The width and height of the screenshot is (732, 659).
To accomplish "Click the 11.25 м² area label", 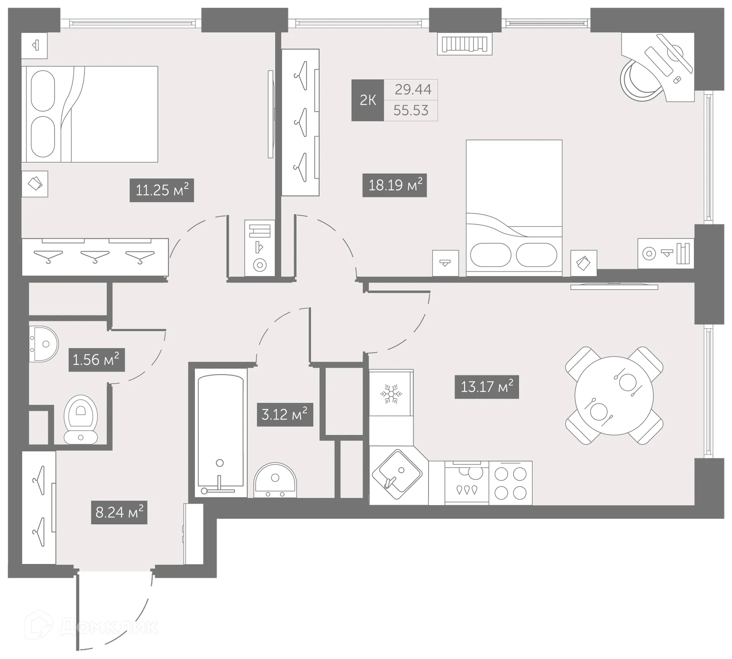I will click(162, 190).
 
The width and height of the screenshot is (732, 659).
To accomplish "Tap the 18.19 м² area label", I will click(395, 185).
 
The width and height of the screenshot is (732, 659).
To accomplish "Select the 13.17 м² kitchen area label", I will click(486, 387).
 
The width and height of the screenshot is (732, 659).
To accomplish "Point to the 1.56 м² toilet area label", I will click(96, 360).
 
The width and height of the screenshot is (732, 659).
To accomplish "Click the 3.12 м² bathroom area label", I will click(284, 414).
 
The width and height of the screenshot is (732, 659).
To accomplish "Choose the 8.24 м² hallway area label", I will click(119, 512).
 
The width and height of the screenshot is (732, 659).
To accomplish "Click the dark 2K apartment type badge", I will click(368, 100).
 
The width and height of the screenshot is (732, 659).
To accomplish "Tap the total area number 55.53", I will click(411, 111).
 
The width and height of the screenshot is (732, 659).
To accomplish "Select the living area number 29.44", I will click(413, 90).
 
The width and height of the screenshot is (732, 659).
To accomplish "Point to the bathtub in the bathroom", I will click(220, 435).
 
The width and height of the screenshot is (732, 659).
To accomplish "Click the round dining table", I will click(614, 395).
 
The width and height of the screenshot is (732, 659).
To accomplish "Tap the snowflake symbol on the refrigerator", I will click(391, 394).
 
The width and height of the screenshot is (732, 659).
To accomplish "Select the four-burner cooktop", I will click(510, 483).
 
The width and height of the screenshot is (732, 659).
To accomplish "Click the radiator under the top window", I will click(464, 44).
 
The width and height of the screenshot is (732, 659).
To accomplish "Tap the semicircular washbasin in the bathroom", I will click(275, 480).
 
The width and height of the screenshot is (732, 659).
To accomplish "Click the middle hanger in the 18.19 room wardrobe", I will click(301, 122).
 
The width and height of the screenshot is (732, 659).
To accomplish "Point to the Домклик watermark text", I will click(109, 627).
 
